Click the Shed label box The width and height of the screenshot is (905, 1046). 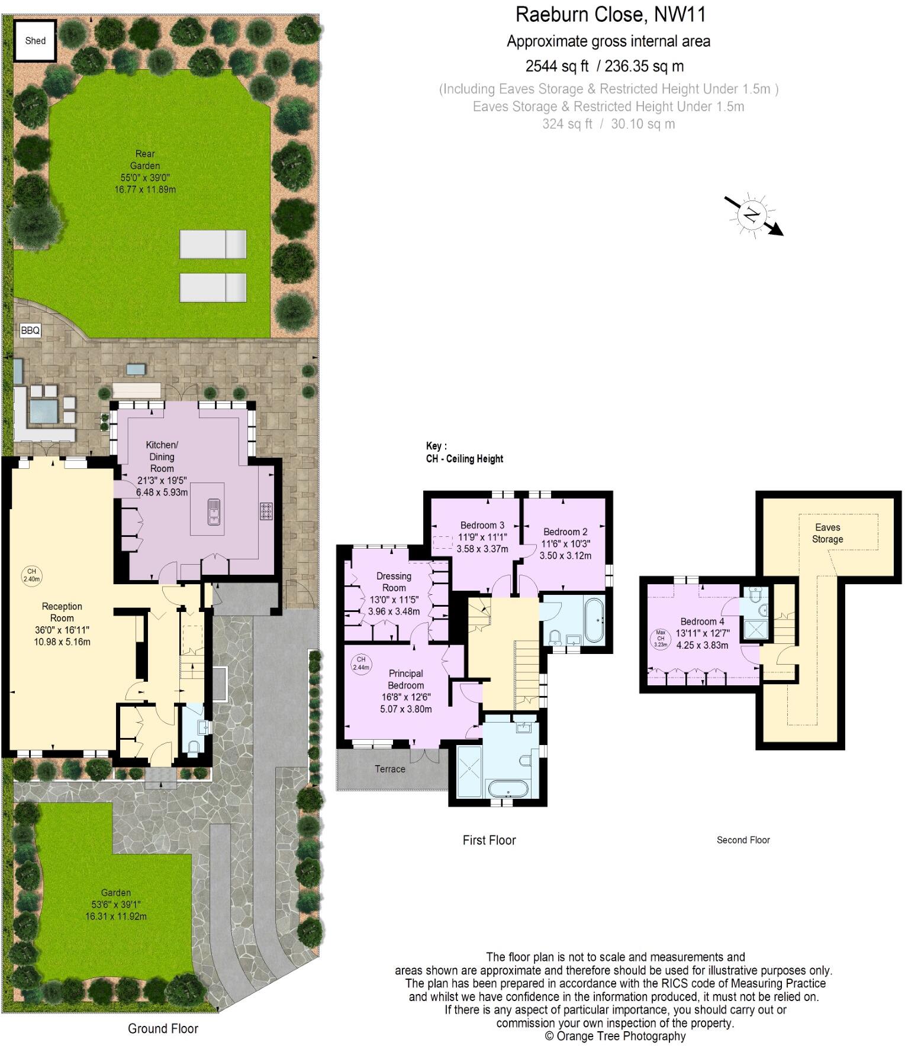(36, 41)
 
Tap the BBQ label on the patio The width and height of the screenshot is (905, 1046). (30, 331)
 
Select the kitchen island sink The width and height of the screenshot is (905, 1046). (213, 511)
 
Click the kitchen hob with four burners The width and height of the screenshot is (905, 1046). (266, 511)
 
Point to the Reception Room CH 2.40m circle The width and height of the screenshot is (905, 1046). (31, 575)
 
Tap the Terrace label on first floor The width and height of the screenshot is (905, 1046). (389, 769)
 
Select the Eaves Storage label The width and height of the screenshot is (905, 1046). (827, 533)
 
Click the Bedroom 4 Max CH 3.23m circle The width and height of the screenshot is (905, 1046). (661, 639)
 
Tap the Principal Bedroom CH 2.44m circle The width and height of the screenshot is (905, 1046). (360, 663)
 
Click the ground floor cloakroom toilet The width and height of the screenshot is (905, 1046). (194, 747)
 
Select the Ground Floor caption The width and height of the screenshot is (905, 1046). (163, 1028)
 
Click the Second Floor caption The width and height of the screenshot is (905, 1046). (743, 840)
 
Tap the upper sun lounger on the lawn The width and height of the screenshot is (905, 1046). (213, 244)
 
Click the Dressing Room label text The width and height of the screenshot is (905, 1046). (394, 582)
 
